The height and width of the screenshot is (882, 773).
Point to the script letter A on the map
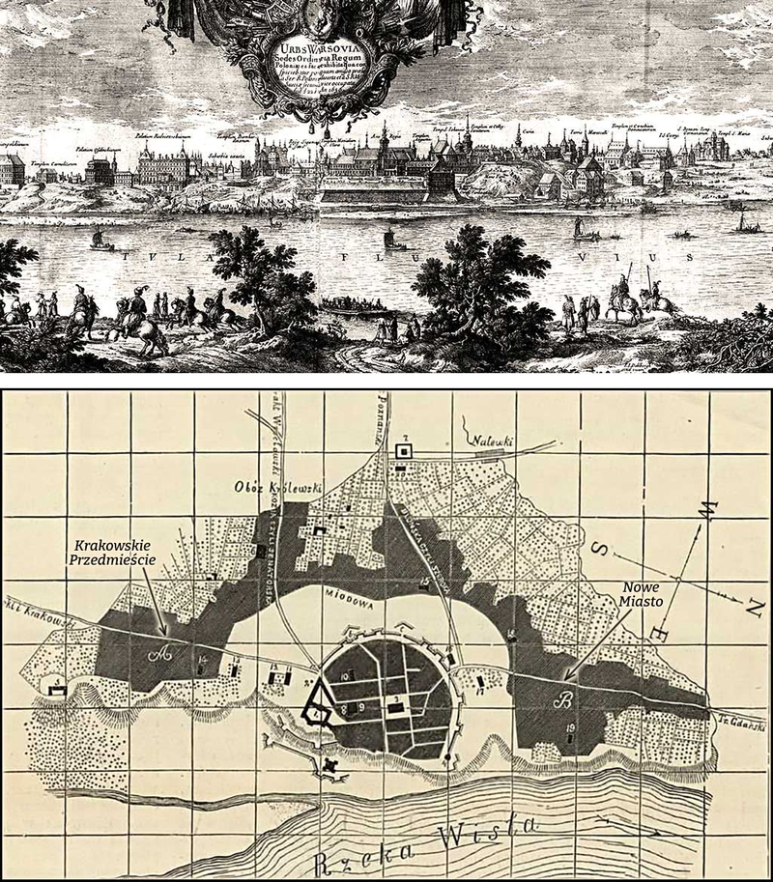click(165, 652)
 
